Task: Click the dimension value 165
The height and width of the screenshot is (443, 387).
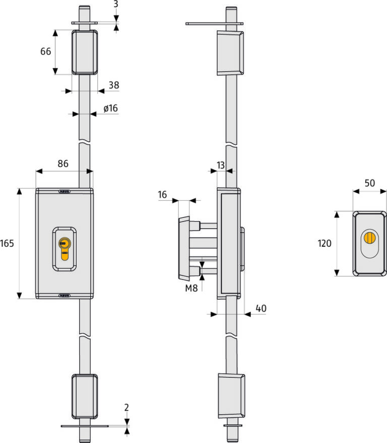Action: coord(7,243)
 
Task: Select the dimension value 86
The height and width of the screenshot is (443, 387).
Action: coord(63,163)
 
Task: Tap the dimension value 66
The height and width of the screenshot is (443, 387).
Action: coord(46,51)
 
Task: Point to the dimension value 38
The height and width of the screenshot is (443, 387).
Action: coord(114,85)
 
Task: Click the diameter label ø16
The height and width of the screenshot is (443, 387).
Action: coord(110,108)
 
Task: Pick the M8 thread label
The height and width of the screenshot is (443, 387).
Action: coord(191,288)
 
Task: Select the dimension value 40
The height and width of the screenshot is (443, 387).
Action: coord(261,308)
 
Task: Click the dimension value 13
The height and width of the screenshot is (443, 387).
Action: coord(221,165)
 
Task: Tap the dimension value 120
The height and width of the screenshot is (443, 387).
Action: coord(325,243)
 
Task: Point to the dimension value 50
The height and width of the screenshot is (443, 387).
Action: coord(370,183)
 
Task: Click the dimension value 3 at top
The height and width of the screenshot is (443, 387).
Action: coord(116,4)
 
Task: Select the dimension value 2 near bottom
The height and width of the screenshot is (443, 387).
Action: coord(126,407)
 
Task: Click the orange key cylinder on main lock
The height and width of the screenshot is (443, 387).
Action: coord(65,248)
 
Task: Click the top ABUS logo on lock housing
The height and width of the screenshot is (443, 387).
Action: coord(64,192)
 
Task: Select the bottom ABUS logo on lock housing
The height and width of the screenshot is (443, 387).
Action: coord(64,296)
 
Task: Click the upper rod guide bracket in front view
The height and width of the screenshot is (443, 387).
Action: coord(85,52)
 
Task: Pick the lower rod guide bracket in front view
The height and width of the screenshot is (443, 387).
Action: coord(85,397)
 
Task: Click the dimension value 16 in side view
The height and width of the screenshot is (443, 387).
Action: coord(162,195)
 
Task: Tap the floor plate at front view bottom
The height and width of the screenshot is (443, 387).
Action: coord(85,426)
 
